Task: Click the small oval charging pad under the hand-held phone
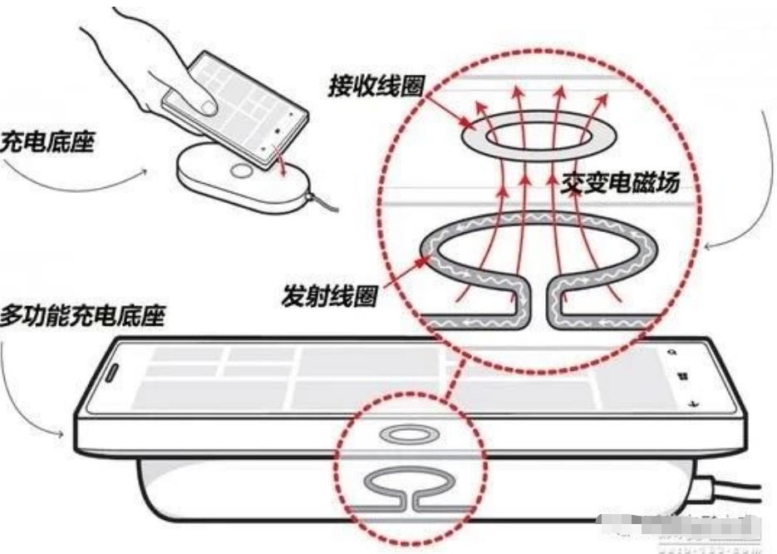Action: coord(241,179)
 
